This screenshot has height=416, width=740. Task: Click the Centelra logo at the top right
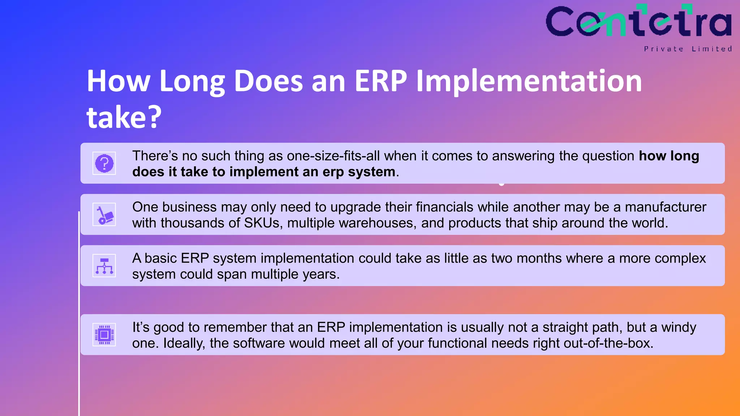click(638, 22)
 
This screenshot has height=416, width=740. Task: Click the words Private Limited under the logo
click(688, 49)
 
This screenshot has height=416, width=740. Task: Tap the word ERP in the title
click(380, 81)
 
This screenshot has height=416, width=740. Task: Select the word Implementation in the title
click(529, 81)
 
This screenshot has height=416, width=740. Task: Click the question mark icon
click(104, 163)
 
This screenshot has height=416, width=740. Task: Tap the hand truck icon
click(104, 214)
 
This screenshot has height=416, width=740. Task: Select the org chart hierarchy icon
click(104, 266)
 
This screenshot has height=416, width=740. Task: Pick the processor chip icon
click(104, 335)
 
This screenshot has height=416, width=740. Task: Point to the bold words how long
click(669, 156)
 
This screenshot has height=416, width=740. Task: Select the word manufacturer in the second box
click(666, 207)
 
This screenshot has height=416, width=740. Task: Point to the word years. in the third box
click(321, 274)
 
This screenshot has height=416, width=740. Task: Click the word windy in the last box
click(678, 328)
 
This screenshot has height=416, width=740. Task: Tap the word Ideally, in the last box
click(184, 343)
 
